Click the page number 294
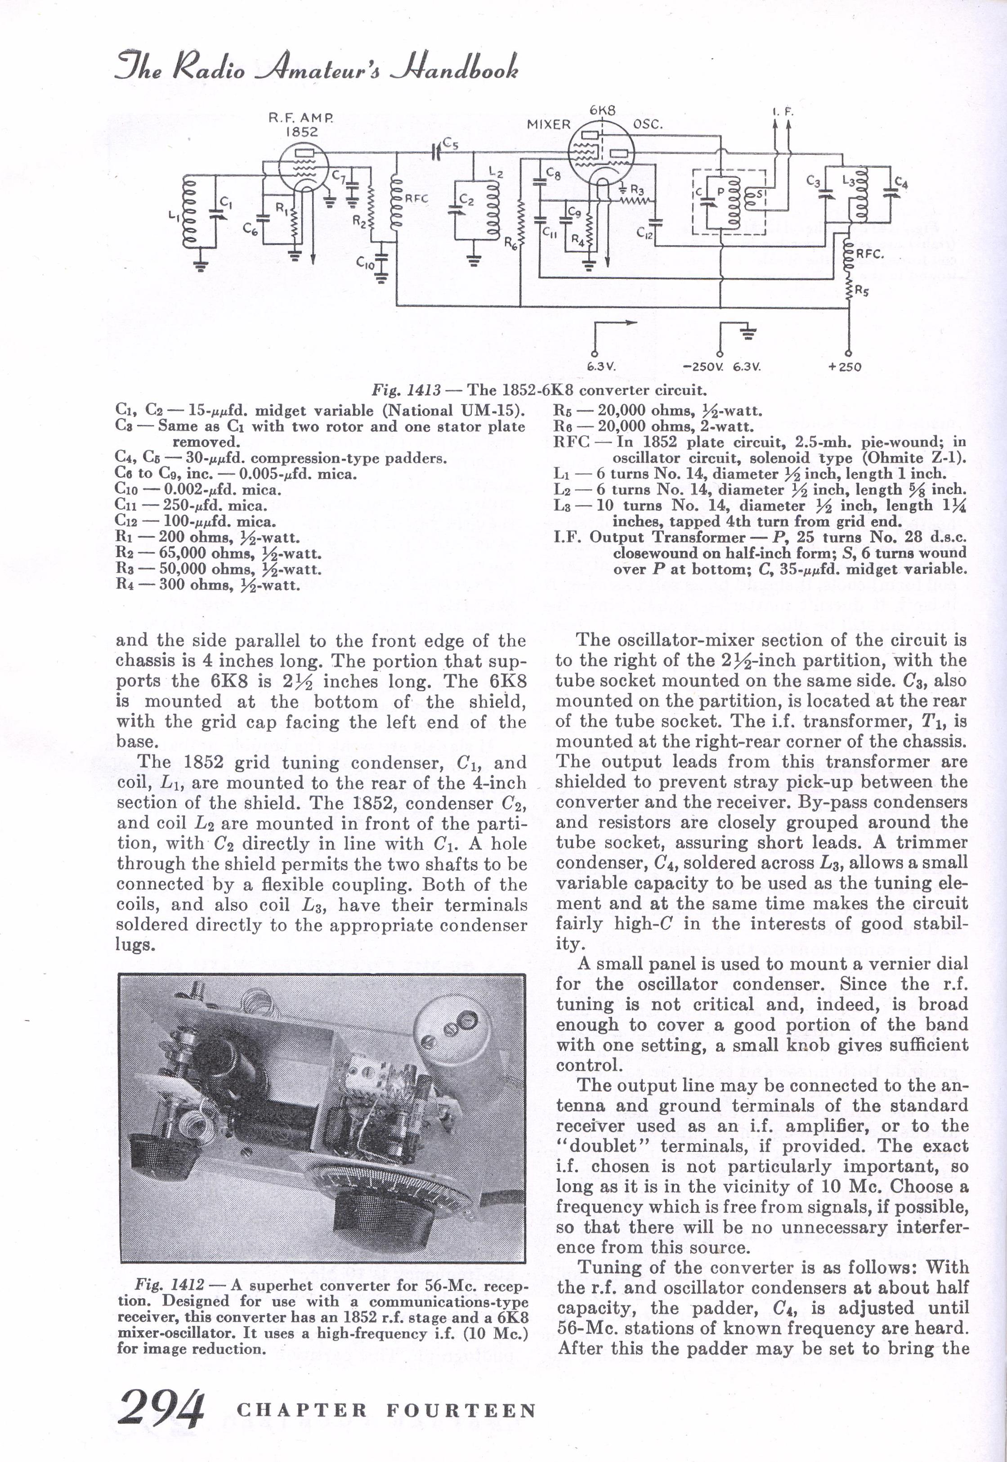click(x=161, y=1408)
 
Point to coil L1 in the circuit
click(x=188, y=212)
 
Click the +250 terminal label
click(x=844, y=367)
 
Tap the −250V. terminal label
click(x=702, y=367)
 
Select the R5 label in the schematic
click(x=862, y=291)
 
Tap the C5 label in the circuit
click(x=450, y=144)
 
